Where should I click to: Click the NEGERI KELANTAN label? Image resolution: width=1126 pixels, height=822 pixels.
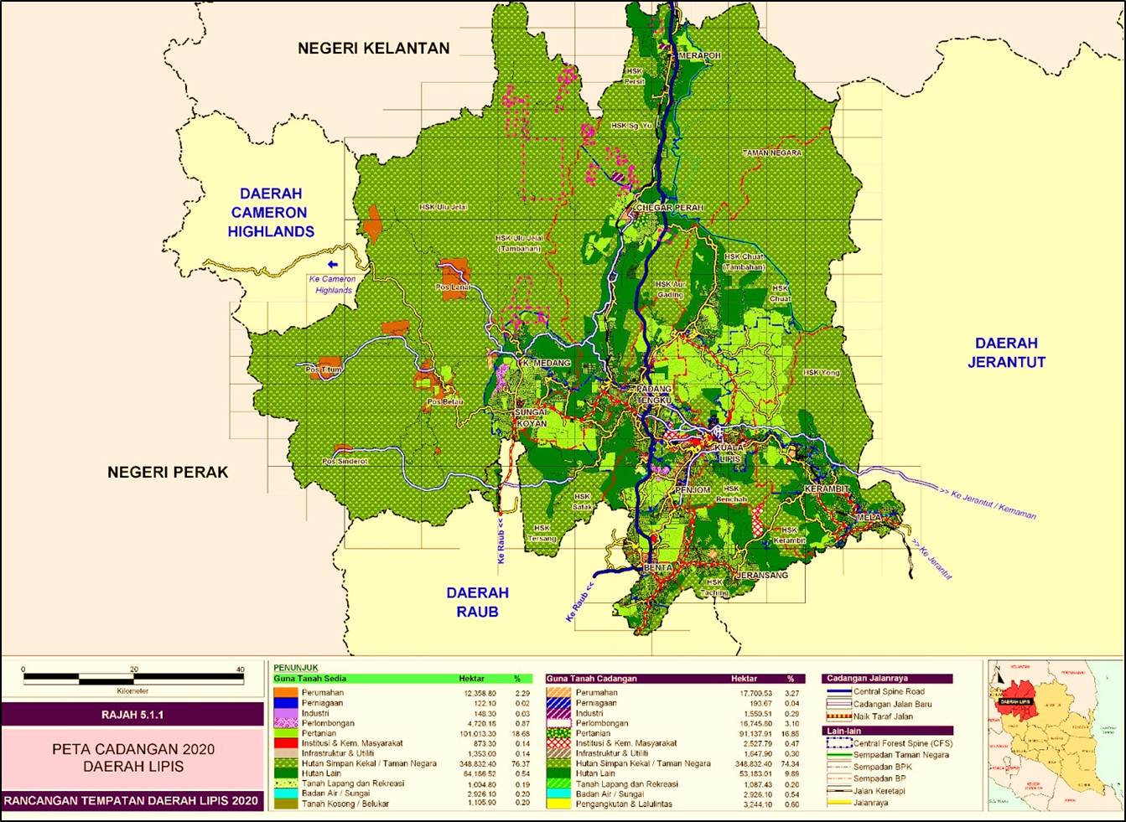[x=373, y=49]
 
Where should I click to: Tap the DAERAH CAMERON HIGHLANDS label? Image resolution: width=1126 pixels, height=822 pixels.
[x=270, y=213]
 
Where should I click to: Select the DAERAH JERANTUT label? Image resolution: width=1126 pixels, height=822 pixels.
[x=1006, y=353]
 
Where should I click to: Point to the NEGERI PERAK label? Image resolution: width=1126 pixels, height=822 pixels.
[x=168, y=473]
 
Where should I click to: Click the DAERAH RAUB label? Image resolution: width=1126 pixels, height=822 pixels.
[x=477, y=602]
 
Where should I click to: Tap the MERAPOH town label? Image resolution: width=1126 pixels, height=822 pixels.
[x=699, y=56]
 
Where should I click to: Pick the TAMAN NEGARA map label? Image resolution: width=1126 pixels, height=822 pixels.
[x=771, y=153]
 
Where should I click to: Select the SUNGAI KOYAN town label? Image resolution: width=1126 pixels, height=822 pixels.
[x=531, y=418]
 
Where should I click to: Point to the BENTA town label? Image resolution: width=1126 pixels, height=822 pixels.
[x=658, y=568]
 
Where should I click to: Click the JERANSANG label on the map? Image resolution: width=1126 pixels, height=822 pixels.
[x=762, y=576]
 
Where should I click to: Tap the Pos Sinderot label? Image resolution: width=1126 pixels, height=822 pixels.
[x=345, y=462]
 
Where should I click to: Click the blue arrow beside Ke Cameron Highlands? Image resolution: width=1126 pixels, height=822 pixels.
[x=333, y=264]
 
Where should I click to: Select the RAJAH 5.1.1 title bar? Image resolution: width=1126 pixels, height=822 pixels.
[x=132, y=715]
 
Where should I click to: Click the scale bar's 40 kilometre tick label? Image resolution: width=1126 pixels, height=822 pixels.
[x=240, y=669]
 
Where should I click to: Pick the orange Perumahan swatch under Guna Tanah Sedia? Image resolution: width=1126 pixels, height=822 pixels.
[x=286, y=693]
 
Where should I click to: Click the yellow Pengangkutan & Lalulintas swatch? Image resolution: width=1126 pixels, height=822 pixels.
[x=558, y=804]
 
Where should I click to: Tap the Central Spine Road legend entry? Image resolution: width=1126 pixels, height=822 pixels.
[x=889, y=692]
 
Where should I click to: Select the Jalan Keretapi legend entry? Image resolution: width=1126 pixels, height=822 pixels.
[x=879, y=791]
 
